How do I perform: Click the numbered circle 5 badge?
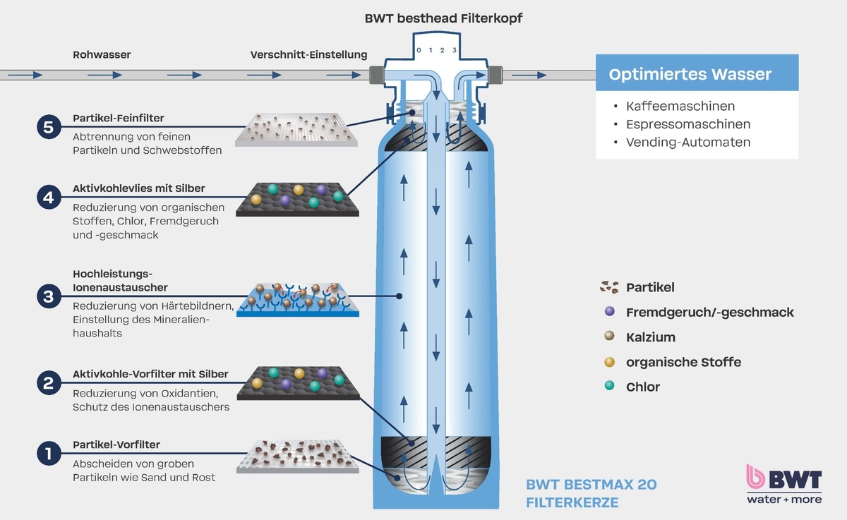coord(48,128)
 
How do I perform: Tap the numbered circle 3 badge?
coord(48,296)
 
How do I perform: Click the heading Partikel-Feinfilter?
coord(119,119)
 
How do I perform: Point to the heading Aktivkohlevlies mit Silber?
coord(139,189)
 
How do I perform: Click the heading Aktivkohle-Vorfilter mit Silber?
coord(150,374)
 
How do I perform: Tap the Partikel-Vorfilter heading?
coord(116,445)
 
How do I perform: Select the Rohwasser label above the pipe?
coord(102,54)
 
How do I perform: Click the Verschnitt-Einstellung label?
coord(308,54)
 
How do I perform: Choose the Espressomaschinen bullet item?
coord(687,124)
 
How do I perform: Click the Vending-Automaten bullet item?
coord(687,142)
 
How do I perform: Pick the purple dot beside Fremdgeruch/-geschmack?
coord(610,312)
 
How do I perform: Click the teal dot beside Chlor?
coord(610,387)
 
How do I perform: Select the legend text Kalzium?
coord(650,337)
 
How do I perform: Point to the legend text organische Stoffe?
coord(683,362)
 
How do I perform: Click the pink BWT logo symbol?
coord(757,478)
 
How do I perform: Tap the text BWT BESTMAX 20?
coord(591,485)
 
